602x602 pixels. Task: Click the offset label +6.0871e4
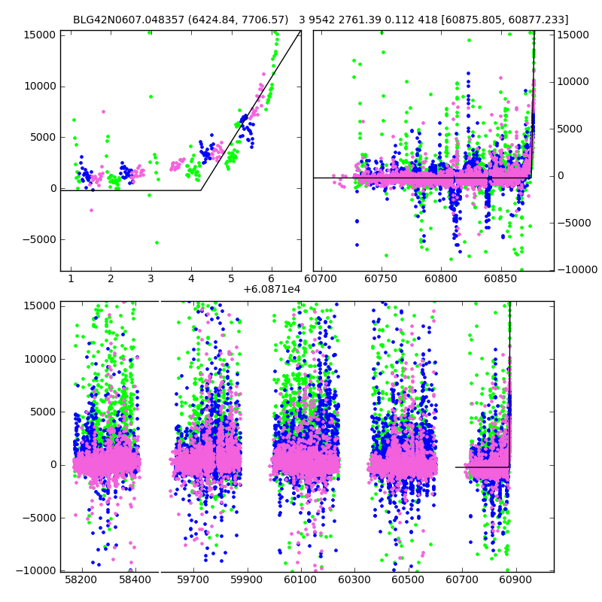[x=272, y=289]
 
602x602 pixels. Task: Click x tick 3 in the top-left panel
[x=151, y=278]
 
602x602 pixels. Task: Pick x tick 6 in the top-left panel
[x=272, y=278]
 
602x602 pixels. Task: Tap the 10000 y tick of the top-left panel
[x=39, y=86]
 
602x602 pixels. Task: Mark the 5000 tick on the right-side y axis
[x=570, y=129]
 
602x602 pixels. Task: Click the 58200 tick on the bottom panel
[x=81, y=580]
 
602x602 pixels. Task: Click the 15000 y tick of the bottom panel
[x=39, y=306]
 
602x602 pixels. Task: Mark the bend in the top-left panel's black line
[x=201, y=190]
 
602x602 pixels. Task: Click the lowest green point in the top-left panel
[x=157, y=242]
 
